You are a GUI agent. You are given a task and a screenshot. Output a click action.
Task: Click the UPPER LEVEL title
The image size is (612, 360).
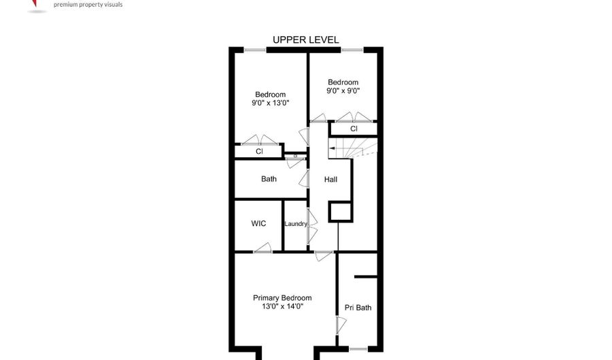(305, 40)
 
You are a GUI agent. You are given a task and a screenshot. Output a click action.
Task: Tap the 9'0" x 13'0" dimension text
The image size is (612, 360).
(270, 103)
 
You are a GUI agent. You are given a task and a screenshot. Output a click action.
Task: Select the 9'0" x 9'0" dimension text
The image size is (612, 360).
(343, 91)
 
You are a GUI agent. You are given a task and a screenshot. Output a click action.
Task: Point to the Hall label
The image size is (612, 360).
(330, 180)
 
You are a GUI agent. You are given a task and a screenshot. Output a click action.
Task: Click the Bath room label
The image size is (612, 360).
(269, 179)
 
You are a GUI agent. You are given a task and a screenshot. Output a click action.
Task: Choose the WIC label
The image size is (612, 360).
(258, 223)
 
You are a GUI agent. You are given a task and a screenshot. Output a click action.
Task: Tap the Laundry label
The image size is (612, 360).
(296, 224)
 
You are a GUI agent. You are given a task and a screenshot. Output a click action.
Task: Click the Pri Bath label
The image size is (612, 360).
(358, 308)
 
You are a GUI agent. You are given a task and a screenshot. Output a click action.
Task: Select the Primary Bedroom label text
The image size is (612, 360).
(282, 298)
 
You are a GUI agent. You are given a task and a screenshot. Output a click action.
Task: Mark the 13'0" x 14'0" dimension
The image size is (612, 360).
(282, 306)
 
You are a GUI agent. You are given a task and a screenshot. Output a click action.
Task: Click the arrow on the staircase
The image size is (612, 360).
(332, 148)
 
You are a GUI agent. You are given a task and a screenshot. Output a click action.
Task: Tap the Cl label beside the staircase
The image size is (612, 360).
(354, 129)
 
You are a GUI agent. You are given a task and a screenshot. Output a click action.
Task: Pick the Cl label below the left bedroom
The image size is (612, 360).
(259, 152)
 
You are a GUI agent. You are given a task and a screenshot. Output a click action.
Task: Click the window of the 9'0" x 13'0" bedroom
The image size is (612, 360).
(255, 50)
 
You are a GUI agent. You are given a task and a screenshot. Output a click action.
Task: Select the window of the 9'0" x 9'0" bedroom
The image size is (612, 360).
(352, 50)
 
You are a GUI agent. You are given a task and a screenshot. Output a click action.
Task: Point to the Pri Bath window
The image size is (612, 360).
(358, 348)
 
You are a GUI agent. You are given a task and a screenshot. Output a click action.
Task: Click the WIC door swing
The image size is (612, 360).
(262, 248)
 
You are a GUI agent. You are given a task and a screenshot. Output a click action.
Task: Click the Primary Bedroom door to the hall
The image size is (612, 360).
(324, 255)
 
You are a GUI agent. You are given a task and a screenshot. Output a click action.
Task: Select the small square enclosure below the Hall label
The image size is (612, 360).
(340, 212)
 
